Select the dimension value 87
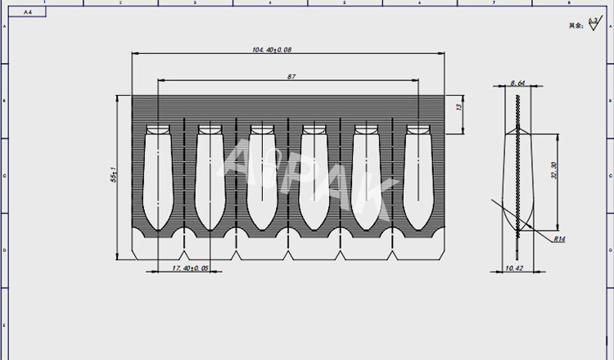click(291, 76)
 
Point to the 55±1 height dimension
click(113, 175)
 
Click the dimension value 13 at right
click(459, 107)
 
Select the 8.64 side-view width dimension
click(517, 83)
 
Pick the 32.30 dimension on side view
click(554, 170)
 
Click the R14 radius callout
click(560, 240)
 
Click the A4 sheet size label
click(29, 13)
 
